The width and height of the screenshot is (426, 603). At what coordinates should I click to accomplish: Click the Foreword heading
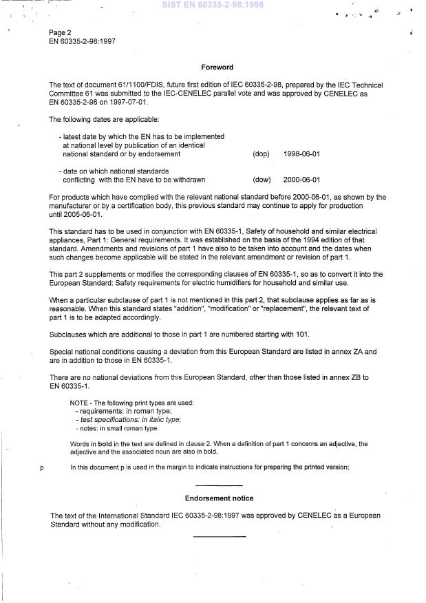[217, 67]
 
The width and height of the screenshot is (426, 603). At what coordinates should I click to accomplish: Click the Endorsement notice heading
[219, 498]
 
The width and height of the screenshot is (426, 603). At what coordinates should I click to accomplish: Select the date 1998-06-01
[301, 154]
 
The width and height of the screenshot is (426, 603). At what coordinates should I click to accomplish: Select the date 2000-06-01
[301, 180]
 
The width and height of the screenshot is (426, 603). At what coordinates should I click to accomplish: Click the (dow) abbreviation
[262, 180]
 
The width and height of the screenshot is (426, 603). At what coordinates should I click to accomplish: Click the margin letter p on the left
[42, 468]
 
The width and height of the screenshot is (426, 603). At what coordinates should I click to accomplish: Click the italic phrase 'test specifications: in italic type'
[131, 420]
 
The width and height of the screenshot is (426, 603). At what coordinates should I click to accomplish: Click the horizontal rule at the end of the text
[219, 536]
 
